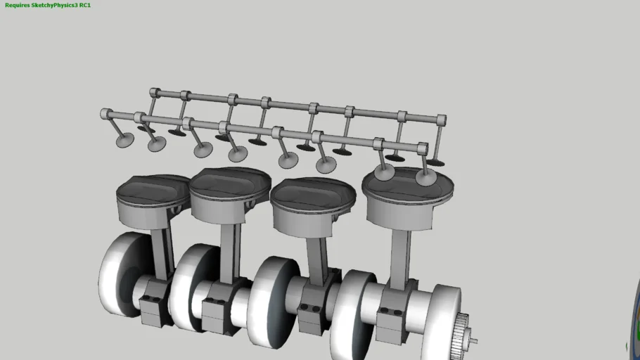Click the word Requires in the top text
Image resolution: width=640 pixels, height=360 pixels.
pyautogui.click(x=18, y=5)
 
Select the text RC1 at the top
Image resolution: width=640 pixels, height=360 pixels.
pyautogui.click(x=85, y=5)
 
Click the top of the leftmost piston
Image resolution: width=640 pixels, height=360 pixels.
pyautogui.click(x=152, y=188)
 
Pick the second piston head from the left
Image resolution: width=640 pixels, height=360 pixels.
pyautogui.click(x=230, y=182)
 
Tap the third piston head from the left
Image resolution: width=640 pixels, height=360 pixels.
pyautogui.click(x=313, y=193)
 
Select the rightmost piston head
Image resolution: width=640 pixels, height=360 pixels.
pyautogui.click(x=407, y=182)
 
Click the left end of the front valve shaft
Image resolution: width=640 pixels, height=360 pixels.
pyautogui.click(x=106, y=113)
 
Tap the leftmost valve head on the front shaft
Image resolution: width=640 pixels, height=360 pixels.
pyautogui.click(x=124, y=141)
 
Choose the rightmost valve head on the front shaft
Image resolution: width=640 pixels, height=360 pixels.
pyautogui.click(x=425, y=176)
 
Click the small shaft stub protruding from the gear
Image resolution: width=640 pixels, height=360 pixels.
pyautogui.click(x=475, y=342)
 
